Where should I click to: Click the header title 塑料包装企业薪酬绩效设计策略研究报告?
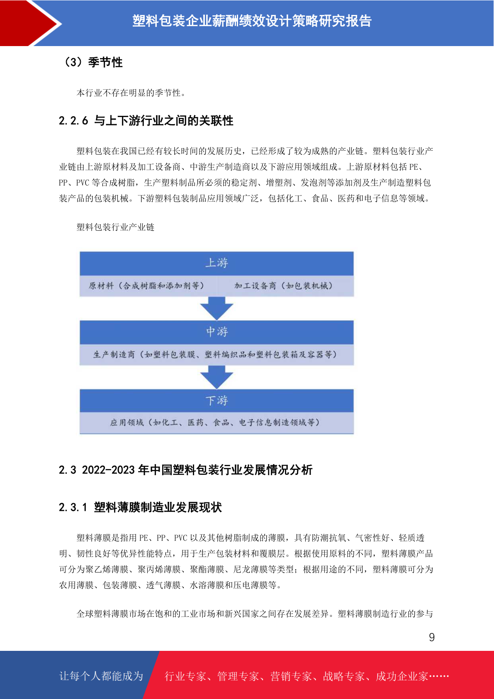[x=252, y=21]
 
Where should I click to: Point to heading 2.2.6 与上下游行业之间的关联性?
[x=146, y=120]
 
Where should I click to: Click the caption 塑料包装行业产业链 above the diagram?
[x=115, y=227]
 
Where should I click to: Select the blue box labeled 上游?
[x=217, y=264]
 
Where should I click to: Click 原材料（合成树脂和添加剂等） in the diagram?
[x=146, y=286]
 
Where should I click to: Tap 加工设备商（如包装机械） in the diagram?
[x=283, y=286]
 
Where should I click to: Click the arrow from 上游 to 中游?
[x=217, y=308]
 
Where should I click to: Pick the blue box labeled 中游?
[x=217, y=332]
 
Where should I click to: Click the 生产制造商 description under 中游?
[x=215, y=354]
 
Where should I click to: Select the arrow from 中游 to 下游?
[x=217, y=377]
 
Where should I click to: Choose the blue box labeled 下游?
[x=217, y=401]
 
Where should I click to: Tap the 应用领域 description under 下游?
[x=215, y=423]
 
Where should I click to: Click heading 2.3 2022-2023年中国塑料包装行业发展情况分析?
[x=185, y=470]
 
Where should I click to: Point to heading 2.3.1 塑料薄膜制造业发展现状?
[x=140, y=507]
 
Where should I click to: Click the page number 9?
[x=432, y=637]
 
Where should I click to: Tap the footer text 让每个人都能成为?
[x=101, y=676]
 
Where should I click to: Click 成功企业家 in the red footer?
[x=402, y=676]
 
